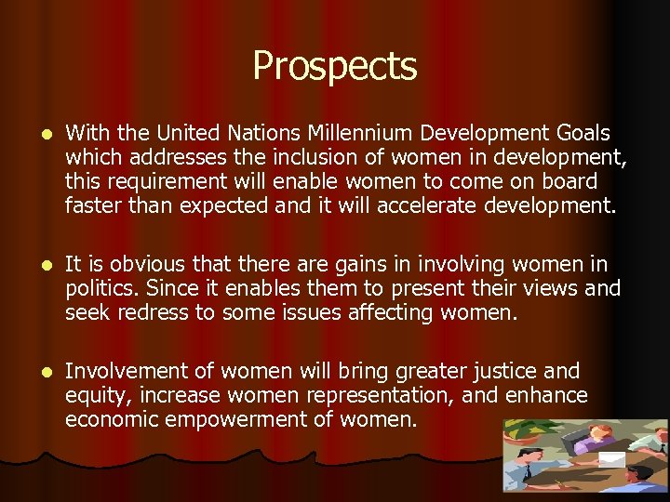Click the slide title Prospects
[x=334, y=66]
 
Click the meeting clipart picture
[x=584, y=455]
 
